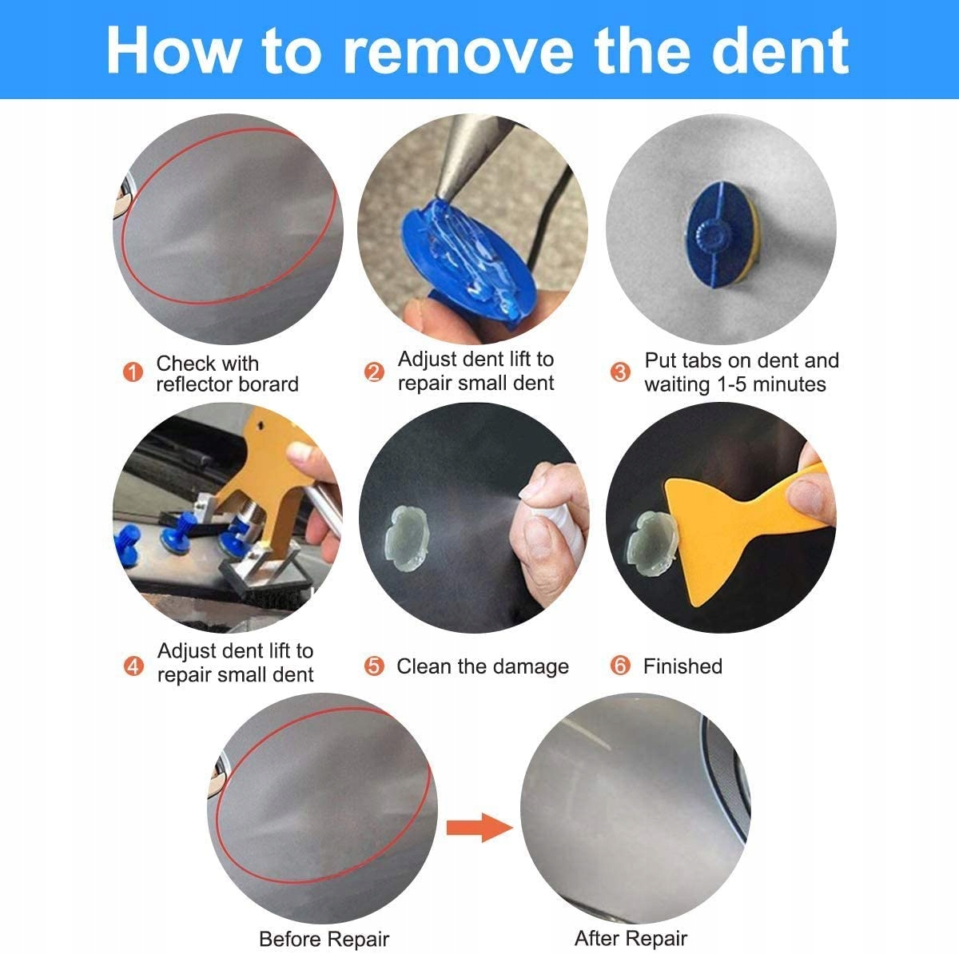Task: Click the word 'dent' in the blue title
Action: click(x=780, y=51)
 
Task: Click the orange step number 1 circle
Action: click(x=133, y=372)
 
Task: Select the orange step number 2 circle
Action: click(x=374, y=372)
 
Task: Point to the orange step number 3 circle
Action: click(x=620, y=372)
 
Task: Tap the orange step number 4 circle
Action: click(x=133, y=666)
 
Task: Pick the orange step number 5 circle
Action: click(x=374, y=666)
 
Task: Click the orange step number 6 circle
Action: click(x=620, y=666)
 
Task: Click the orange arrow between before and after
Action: click(x=479, y=828)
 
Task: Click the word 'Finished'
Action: click(x=682, y=666)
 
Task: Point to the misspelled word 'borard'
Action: click(x=267, y=384)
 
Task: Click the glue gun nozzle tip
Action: click(x=441, y=195)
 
